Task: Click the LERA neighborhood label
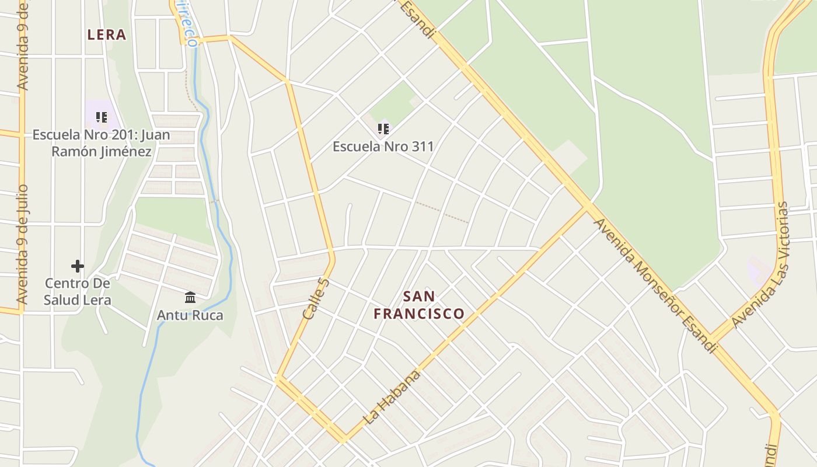pyautogui.click(x=107, y=35)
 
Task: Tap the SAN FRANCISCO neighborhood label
pyautogui.click(x=419, y=305)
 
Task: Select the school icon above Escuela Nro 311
pyautogui.click(x=383, y=128)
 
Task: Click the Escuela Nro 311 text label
pyautogui.click(x=383, y=146)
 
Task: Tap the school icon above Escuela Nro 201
pyautogui.click(x=102, y=117)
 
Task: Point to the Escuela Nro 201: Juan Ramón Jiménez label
pyautogui.click(x=101, y=143)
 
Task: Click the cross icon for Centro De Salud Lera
pyautogui.click(x=78, y=266)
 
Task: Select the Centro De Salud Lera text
pyautogui.click(x=78, y=292)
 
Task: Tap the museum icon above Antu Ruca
pyautogui.click(x=190, y=298)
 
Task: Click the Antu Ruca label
pyautogui.click(x=190, y=316)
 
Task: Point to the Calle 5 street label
pyautogui.click(x=316, y=298)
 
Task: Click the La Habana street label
pyautogui.click(x=392, y=397)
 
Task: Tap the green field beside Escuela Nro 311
pyautogui.click(x=392, y=104)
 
